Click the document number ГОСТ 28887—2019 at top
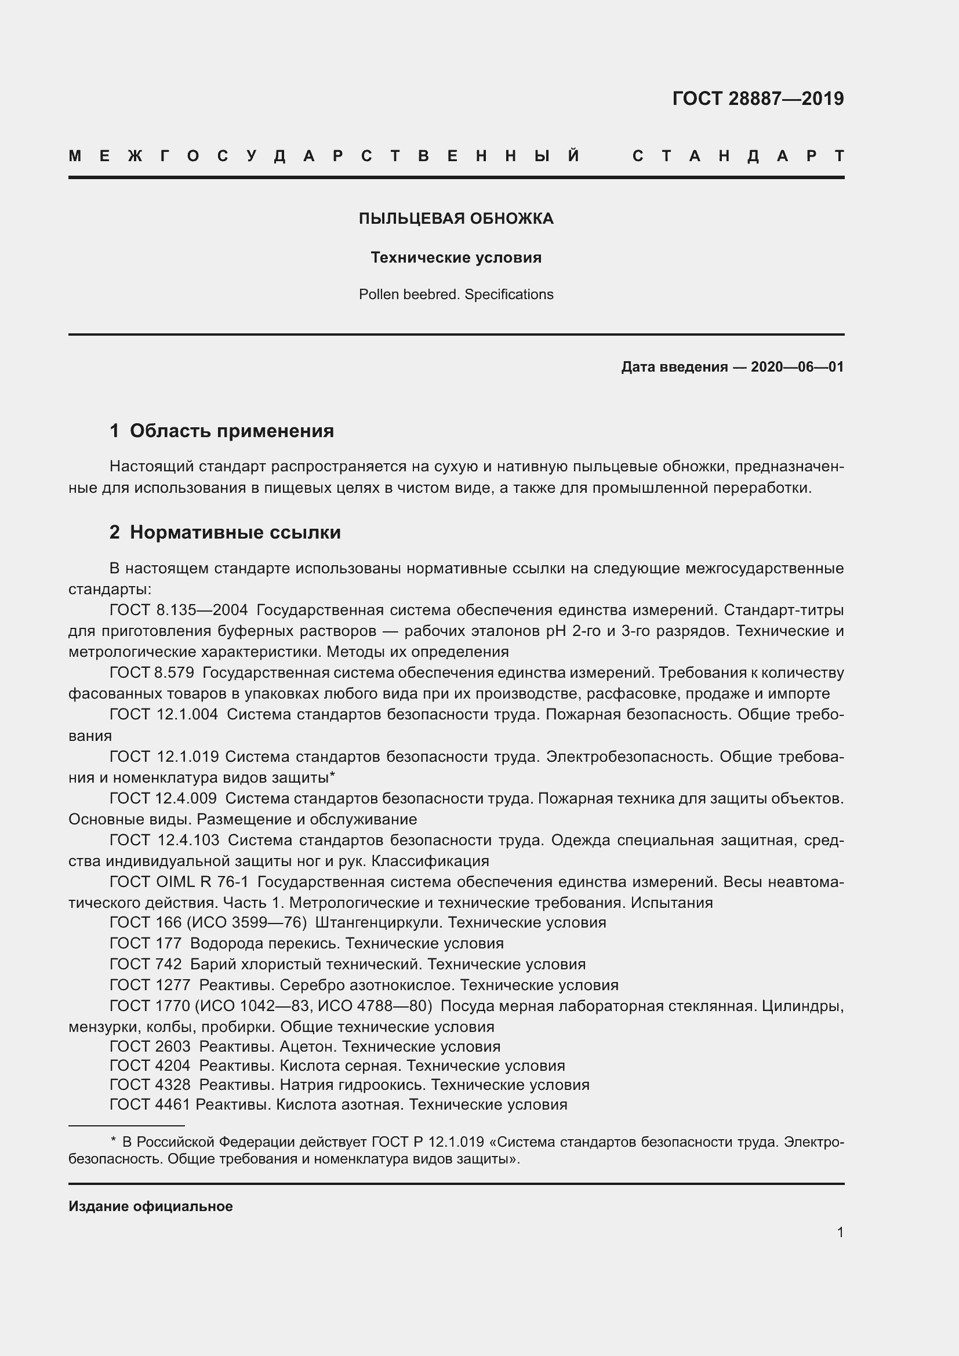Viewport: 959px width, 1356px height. pos(758,99)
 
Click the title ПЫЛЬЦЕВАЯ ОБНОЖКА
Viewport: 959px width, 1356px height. pos(456,219)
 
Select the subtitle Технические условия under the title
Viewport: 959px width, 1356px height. pos(456,257)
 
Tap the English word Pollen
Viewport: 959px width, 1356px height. pos(379,295)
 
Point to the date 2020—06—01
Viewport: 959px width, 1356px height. pos(797,368)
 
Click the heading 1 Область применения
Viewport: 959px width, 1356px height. pos(222,431)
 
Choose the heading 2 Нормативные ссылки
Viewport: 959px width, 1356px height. pos(225,533)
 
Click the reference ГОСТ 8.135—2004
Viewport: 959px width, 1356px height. pos(179,610)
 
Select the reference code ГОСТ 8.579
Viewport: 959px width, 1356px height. pos(152,672)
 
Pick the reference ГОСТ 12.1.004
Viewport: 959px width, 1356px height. pos(164,715)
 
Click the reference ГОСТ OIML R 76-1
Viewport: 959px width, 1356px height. pos(179,882)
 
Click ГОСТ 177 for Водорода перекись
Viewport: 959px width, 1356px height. pos(146,943)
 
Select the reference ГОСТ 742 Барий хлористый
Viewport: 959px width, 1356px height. pos(146,965)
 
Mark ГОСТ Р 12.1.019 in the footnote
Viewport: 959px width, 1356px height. pos(427,1143)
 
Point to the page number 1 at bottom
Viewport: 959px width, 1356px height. pos(840,1233)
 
